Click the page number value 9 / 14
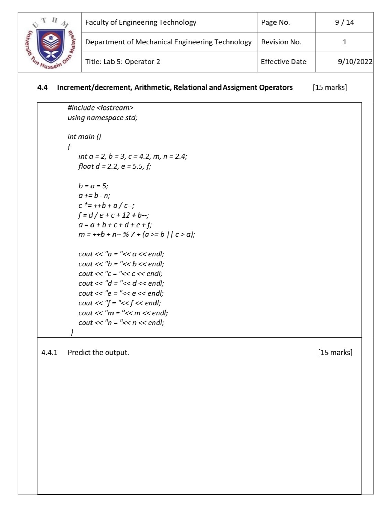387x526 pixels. tap(344, 22)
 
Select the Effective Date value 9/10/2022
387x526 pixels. tap(355, 62)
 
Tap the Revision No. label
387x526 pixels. tap(281, 42)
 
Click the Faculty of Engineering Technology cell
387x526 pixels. tap(141, 22)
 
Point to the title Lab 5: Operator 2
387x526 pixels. tap(122, 62)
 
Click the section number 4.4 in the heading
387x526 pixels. tap(42, 87)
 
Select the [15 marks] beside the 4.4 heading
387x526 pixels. tap(330, 87)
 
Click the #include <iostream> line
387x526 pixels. tap(100, 108)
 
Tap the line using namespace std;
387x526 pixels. tap(103, 118)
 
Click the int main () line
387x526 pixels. tap(84, 137)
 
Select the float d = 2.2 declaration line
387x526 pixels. tap(115, 166)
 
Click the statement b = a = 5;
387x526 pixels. tap(93, 186)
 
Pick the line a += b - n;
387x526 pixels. tap(94, 196)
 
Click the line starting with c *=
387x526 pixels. tap(106, 206)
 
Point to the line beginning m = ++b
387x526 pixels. tap(137, 235)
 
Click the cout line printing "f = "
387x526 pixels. tap(119, 303)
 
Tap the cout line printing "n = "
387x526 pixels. tap(121, 323)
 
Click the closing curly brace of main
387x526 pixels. tap(72, 332)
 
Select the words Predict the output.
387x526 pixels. tap(98, 353)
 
